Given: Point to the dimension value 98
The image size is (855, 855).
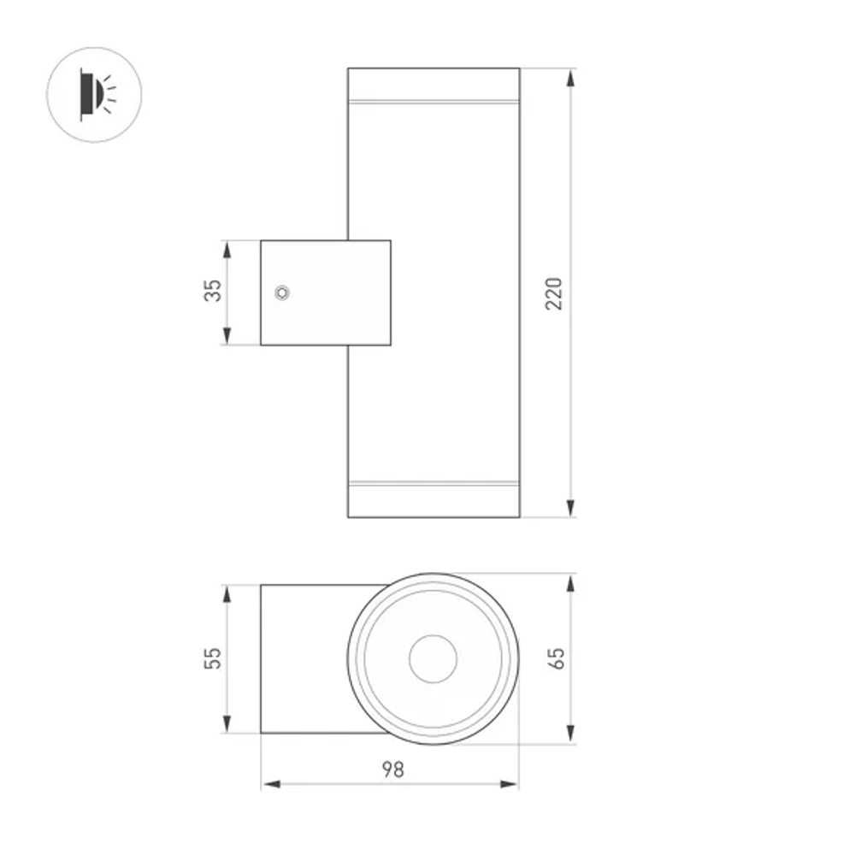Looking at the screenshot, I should pyautogui.click(x=392, y=769).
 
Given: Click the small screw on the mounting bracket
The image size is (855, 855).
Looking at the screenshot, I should pyautogui.click(x=281, y=292).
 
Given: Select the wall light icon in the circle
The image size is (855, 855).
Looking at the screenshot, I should pyautogui.click(x=94, y=93).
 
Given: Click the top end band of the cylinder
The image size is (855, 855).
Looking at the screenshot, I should pyautogui.click(x=433, y=85).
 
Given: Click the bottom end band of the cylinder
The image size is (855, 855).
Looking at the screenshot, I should pyautogui.click(x=433, y=501).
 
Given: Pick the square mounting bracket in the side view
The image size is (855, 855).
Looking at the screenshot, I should pyautogui.click(x=325, y=292).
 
